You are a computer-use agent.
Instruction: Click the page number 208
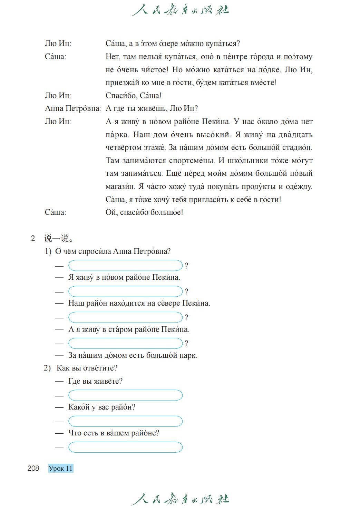(33, 468)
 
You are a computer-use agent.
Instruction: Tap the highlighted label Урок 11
(61, 468)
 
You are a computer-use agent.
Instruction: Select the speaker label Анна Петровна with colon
(73, 108)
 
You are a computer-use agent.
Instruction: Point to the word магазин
(120, 186)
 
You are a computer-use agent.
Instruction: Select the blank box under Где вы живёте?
(125, 395)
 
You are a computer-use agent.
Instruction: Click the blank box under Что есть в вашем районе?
(125, 447)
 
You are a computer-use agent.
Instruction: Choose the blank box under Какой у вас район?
(125, 421)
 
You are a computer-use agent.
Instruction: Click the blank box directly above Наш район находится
(125, 291)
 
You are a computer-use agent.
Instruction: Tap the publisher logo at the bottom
(180, 499)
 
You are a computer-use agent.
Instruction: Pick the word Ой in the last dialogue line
(111, 212)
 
